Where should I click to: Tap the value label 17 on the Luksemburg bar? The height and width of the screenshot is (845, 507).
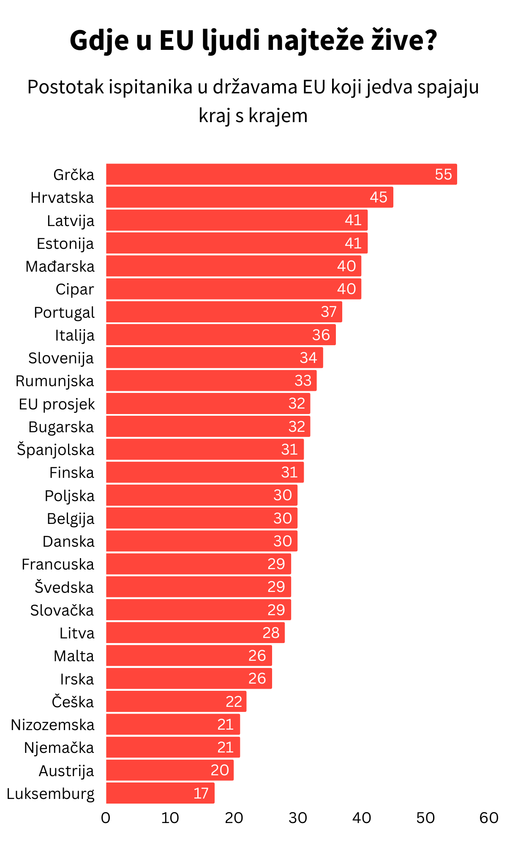click(201, 793)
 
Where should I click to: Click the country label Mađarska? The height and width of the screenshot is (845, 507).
click(60, 267)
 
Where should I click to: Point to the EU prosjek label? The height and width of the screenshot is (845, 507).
click(57, 404)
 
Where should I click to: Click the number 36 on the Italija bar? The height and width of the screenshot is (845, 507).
click(321, 335)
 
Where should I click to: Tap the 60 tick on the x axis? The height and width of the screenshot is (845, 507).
click(489, 818)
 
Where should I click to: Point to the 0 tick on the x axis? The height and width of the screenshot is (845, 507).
click(106, 818)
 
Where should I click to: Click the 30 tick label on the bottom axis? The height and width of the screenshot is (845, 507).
click(297, 818)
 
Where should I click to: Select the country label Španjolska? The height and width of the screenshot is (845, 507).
click(56, 450)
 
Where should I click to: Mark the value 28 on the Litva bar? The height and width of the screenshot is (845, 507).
click(271, 633)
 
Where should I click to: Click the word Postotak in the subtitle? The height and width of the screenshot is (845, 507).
click(65, 87)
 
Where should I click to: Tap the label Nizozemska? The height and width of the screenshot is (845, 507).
click(53, 725)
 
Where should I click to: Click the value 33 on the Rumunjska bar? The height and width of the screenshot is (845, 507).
click(303, 381)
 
